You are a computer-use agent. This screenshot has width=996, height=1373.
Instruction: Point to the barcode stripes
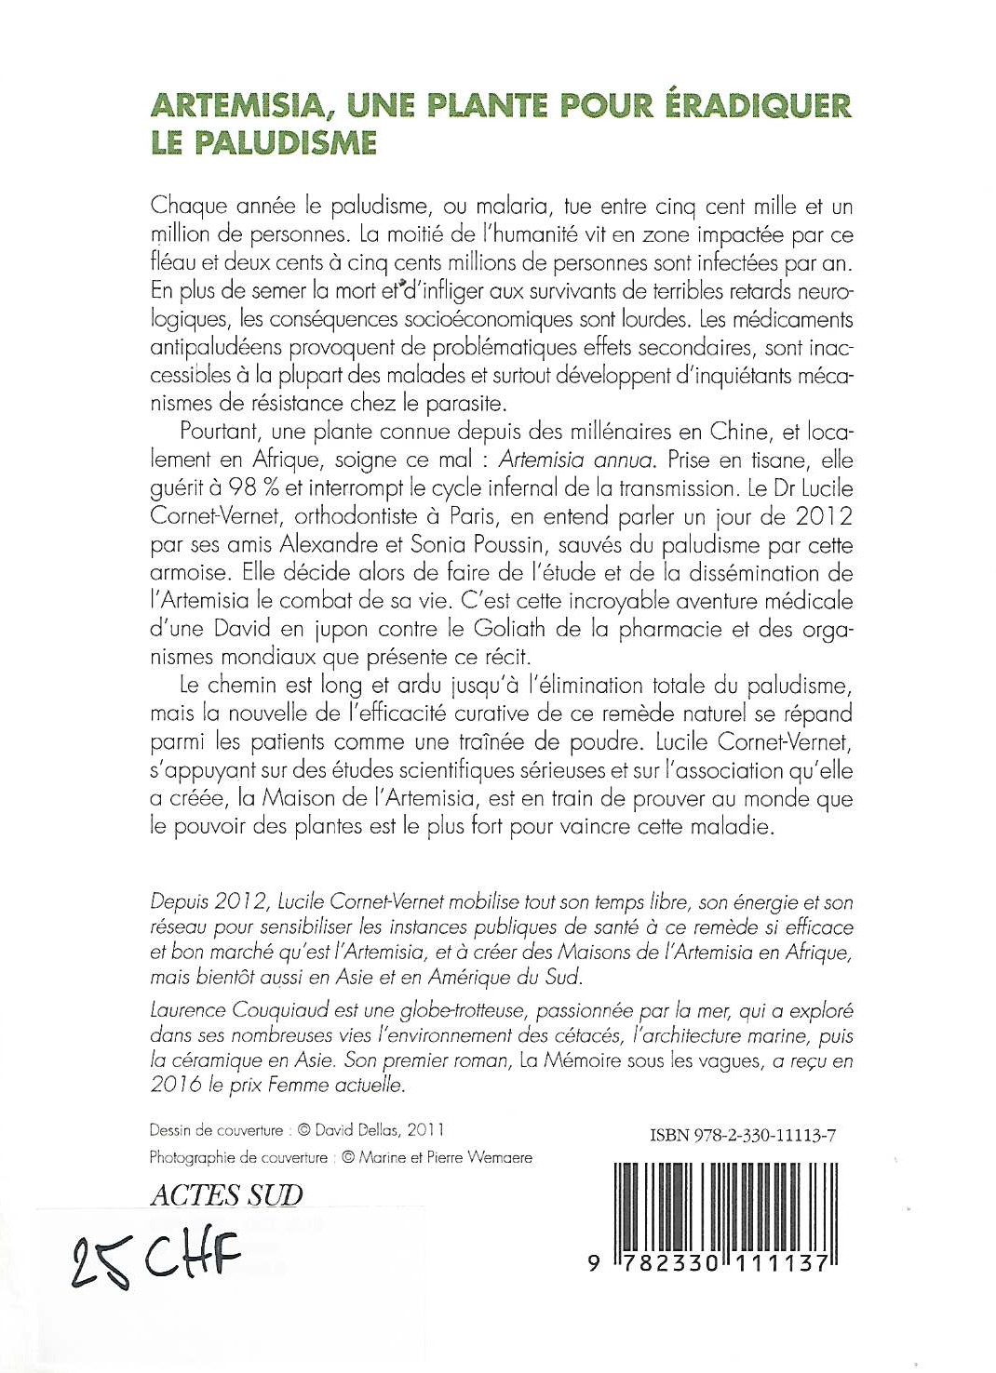click(726, 1208)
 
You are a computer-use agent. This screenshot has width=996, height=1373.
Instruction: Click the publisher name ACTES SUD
click(226, 1194)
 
